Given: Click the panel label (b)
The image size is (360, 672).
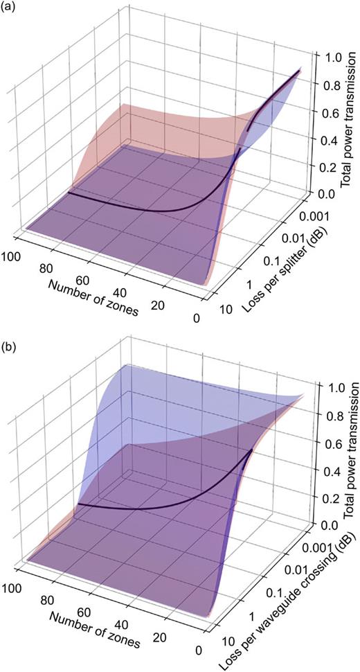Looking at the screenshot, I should tap(9, 340).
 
